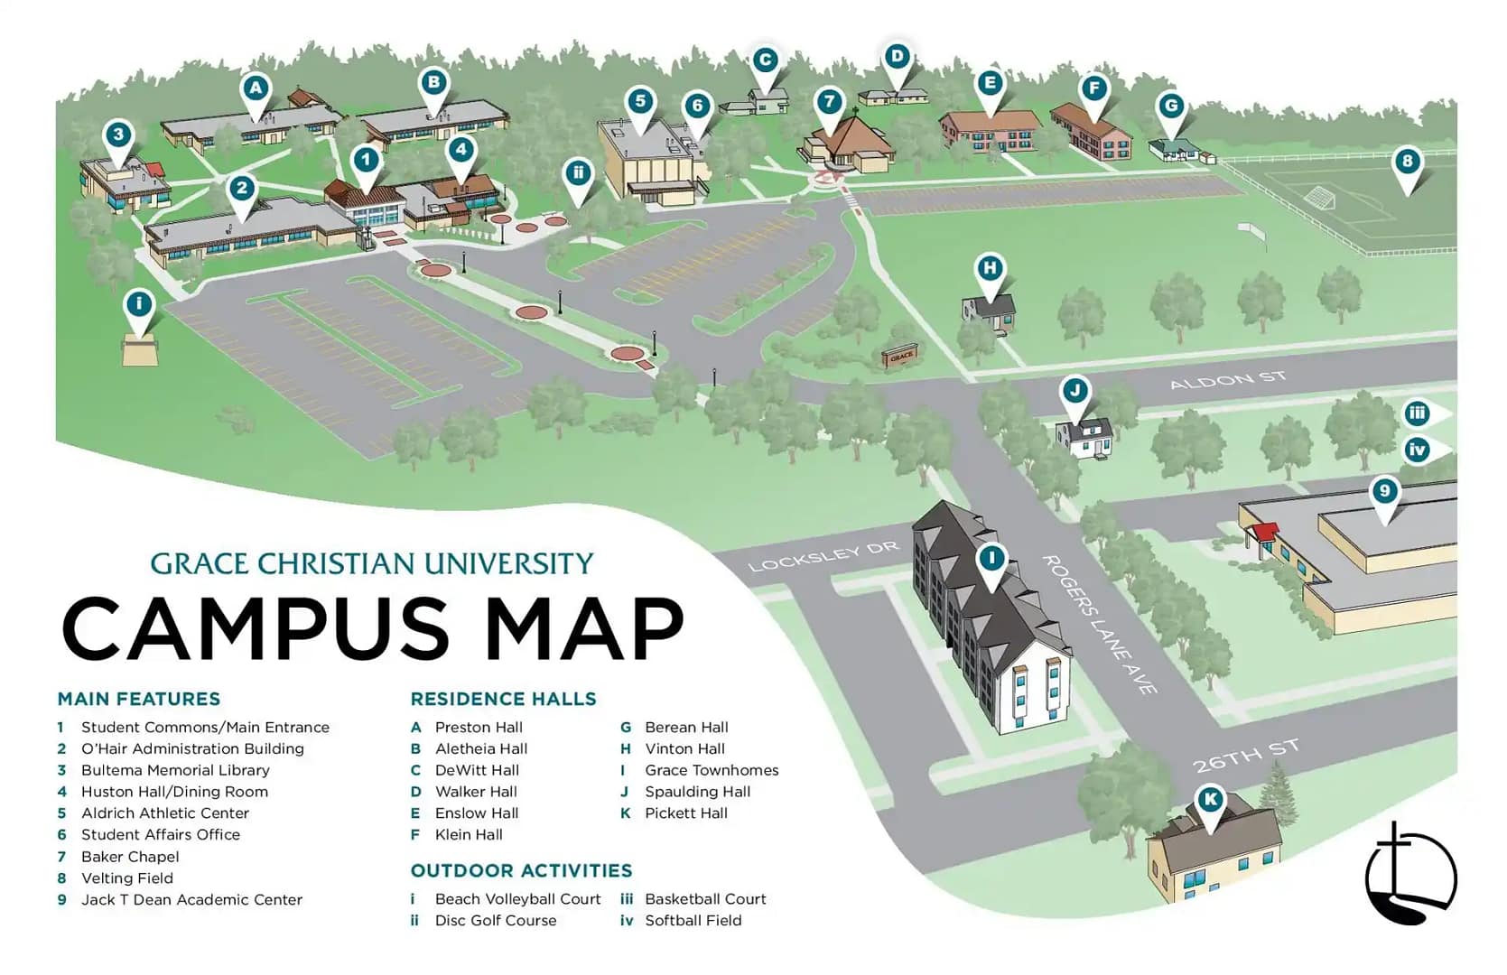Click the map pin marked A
pyautogui.click(x=256, y=88)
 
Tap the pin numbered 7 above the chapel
pyautogui.click(x=829, y=102)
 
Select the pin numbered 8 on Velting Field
pyautogui.click(x=1407, y=162)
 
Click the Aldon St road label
pyautogui.click(x=1227, y=380)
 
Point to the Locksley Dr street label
pyautogui.click(x=823, y=556)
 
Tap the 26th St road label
pyautogui.click(x=1245, y=757)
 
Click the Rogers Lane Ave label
pyautogui.click(x=1099, y=624)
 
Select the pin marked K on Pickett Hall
pyautogui.click(x=1210, y=799)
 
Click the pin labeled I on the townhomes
pyautogui.click(x=991, y=559)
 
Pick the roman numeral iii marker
pyautogui.click(x=1417, y=414)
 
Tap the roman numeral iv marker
pyautogui.click(x=1417, y=450)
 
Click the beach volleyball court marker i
pyautogui.click(x=139, y=304)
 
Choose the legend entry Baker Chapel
pyautogui.click(x=130, y=857)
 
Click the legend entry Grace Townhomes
pyautogui.click(x=711, y=770)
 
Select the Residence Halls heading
pyautogui.click(x=503, y=699)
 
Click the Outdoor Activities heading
pyautogui.click(x=521, y=870)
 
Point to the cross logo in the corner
pyautogui.click(x=1409, y=874)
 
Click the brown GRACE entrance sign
pyautogui.click(x=899, y=357)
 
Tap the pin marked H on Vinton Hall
pyautogui.click(x=991, y=268)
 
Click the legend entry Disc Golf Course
pyautogui.click(x=495, y=921)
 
